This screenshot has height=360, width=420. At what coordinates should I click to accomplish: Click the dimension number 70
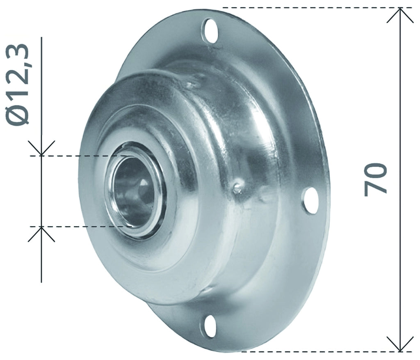coord(376,179)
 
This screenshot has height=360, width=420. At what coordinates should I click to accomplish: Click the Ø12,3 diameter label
coord(18,84)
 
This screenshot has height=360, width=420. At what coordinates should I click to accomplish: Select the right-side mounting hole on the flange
coord(310,200)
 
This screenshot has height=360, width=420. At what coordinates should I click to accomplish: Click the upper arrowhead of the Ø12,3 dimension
coord(41,148)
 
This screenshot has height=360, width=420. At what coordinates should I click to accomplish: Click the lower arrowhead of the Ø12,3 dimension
coord(41,234)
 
